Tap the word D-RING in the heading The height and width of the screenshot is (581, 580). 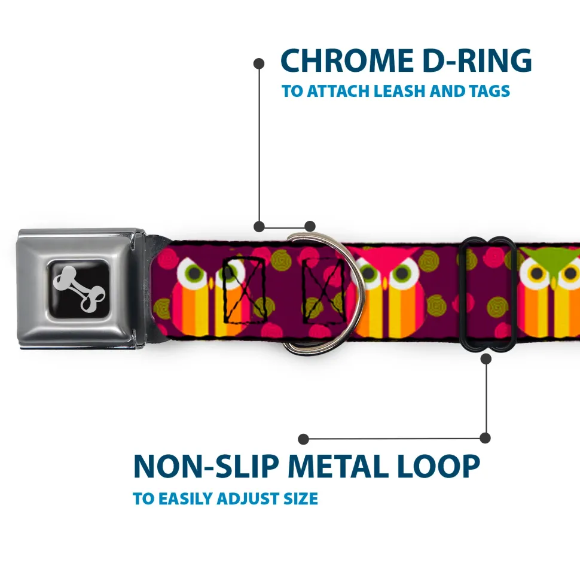click(473, 61)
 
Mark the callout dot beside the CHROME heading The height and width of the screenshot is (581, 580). click(259, 62)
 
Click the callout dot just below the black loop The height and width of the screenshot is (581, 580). click(486, 359)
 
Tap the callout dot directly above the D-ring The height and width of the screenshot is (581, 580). click(310, 226)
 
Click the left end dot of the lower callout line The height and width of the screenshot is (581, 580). click(304, 439)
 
